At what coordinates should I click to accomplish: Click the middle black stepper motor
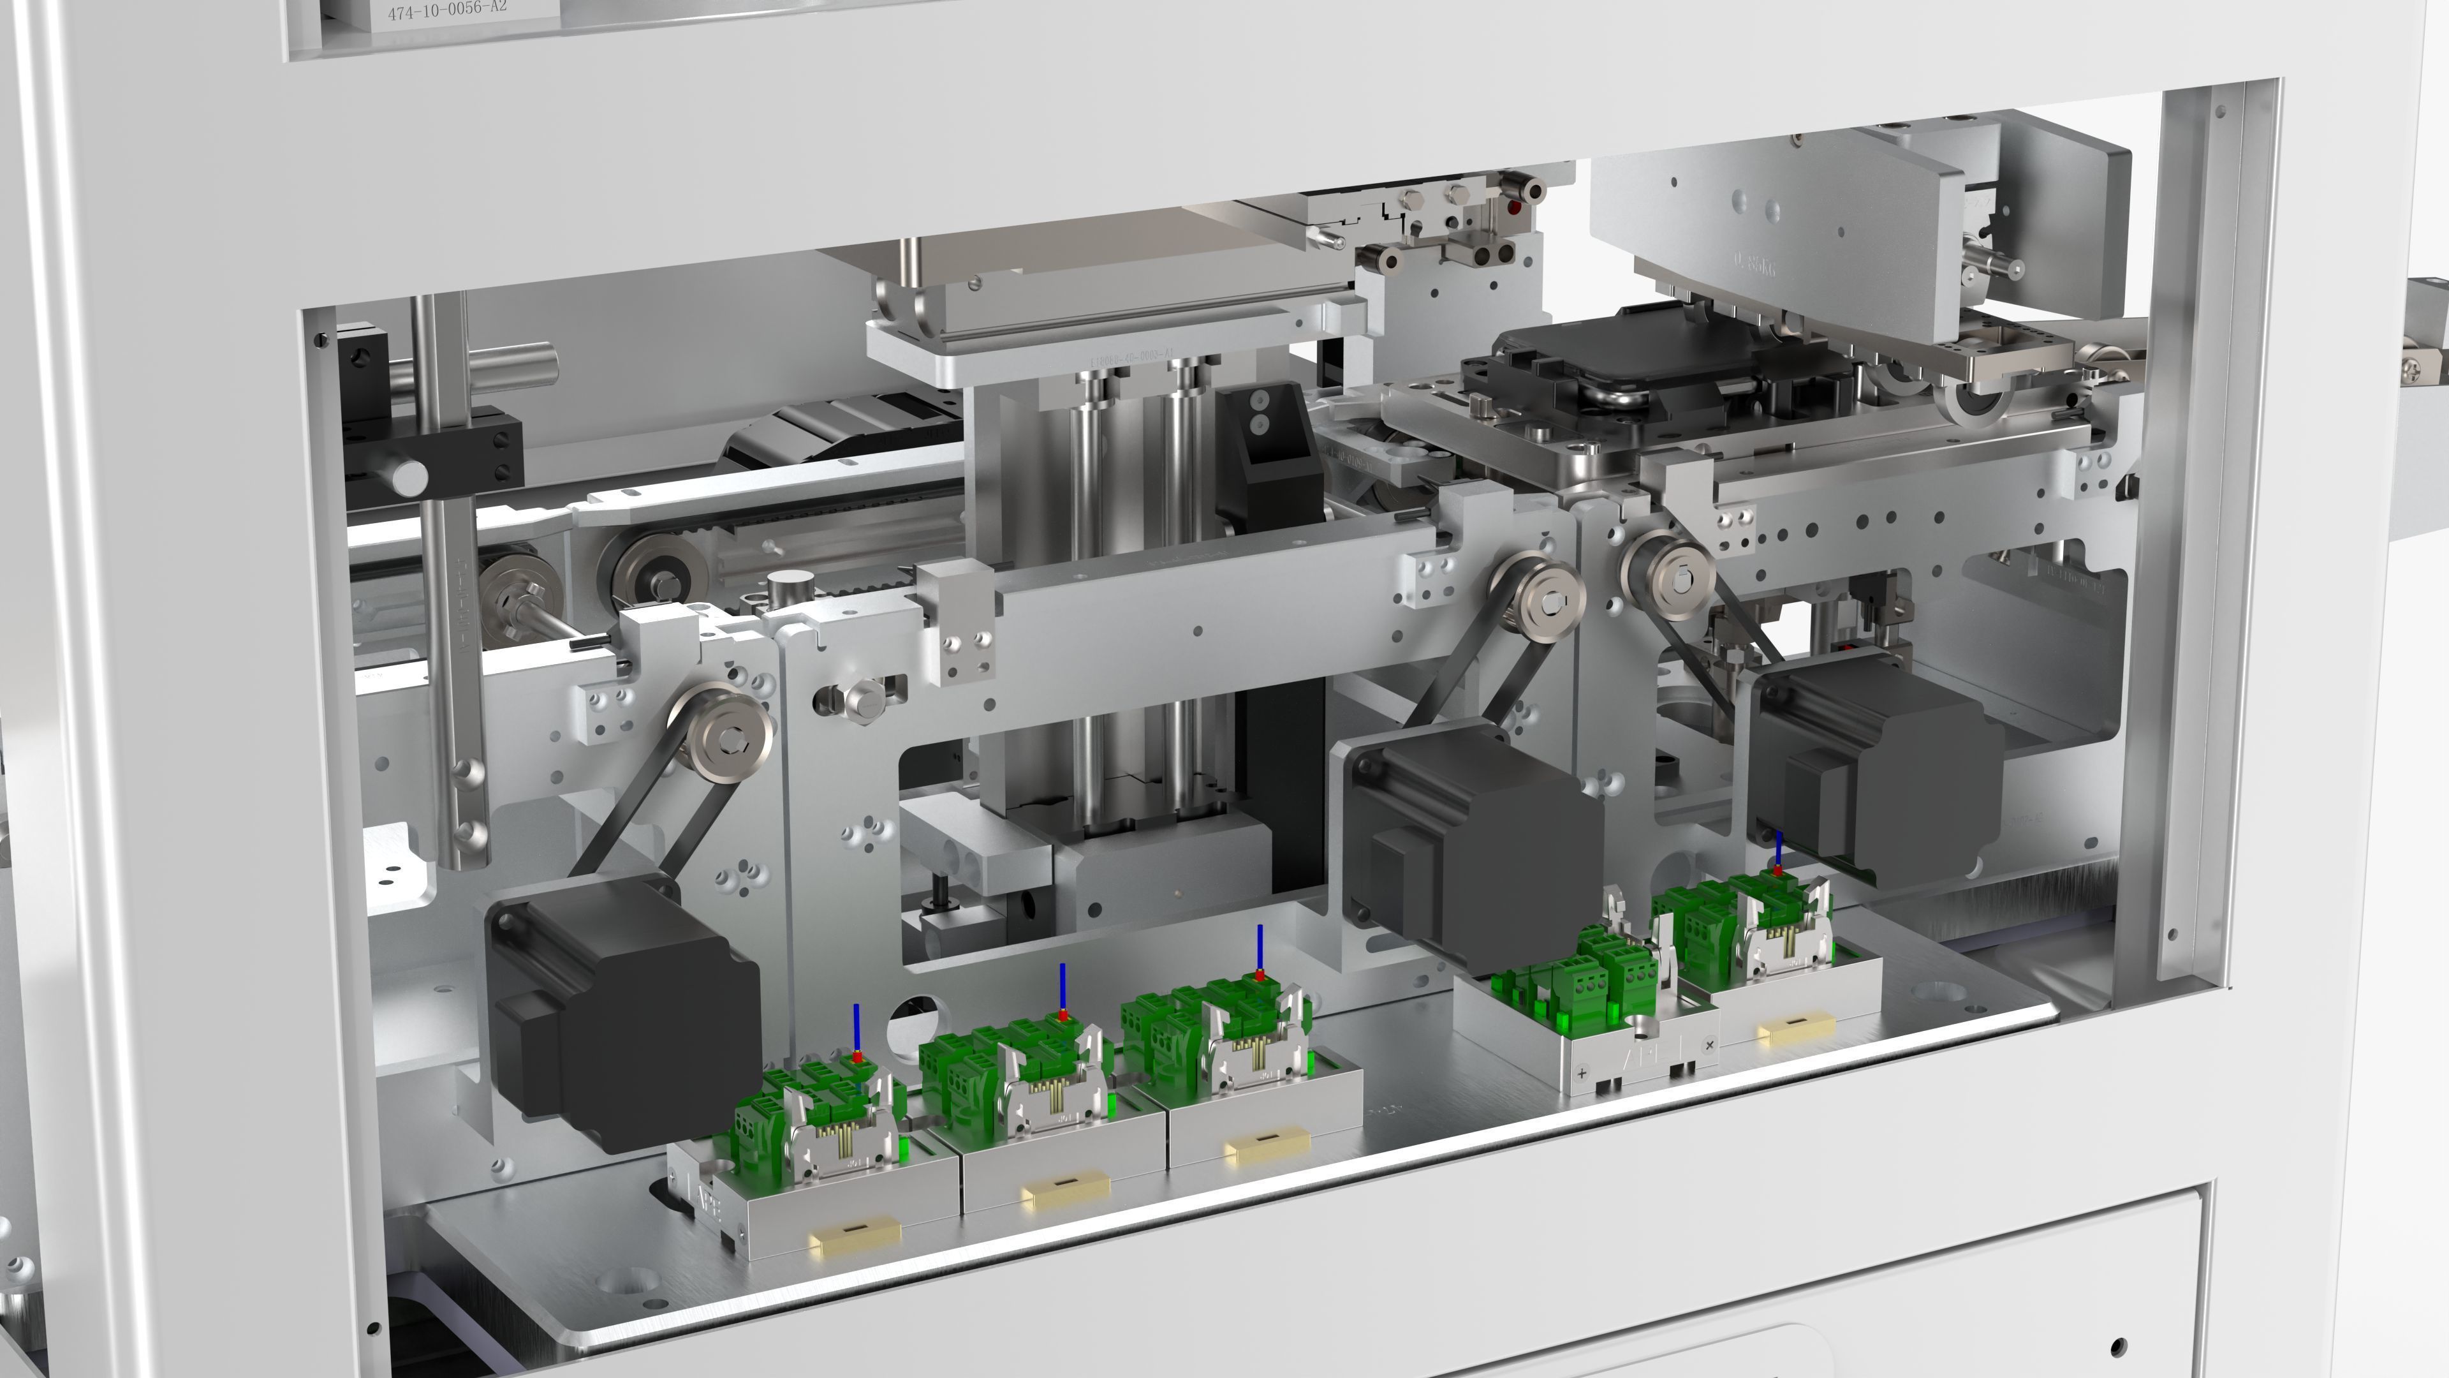1474,837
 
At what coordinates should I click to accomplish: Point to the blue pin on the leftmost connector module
857,1027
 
